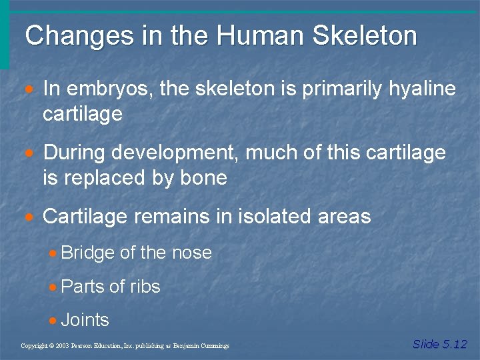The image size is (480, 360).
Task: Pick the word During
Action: tap(74, 153)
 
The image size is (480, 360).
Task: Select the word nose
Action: tap(191, 253)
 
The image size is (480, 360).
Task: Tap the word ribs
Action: tap(145, 287)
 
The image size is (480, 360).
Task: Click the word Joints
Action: tap(85, 320)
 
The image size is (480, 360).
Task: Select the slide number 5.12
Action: tap(455, 344)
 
